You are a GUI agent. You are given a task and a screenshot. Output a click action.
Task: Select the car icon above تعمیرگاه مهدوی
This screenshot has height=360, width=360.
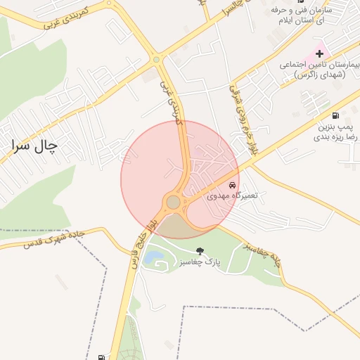(x=233, y=188)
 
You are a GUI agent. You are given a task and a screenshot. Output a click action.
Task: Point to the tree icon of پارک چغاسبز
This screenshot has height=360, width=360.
(x=200, y=250)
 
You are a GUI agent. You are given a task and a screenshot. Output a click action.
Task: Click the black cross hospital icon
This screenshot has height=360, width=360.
(x=319, y=53)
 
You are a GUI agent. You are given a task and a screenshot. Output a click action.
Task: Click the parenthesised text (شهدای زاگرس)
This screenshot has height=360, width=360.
(x=321, y=75)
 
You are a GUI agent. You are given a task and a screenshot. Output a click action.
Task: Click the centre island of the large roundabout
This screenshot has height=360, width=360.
(x=173, y=202)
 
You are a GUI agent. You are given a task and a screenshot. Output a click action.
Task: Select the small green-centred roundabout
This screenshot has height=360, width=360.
(x=155, y=60)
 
